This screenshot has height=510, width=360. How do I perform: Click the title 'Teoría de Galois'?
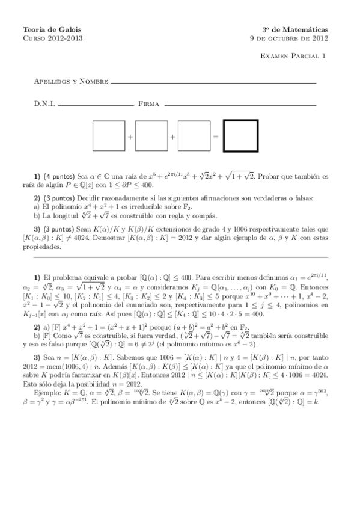pos(51,29)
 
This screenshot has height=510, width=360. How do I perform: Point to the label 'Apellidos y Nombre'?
pos(63,81)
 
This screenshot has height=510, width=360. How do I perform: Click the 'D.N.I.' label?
pos(44,104)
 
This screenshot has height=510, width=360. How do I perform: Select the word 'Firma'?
pos(148,104)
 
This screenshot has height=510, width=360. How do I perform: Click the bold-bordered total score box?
pos(241,137)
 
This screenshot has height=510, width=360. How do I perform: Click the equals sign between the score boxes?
pos(215,137)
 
